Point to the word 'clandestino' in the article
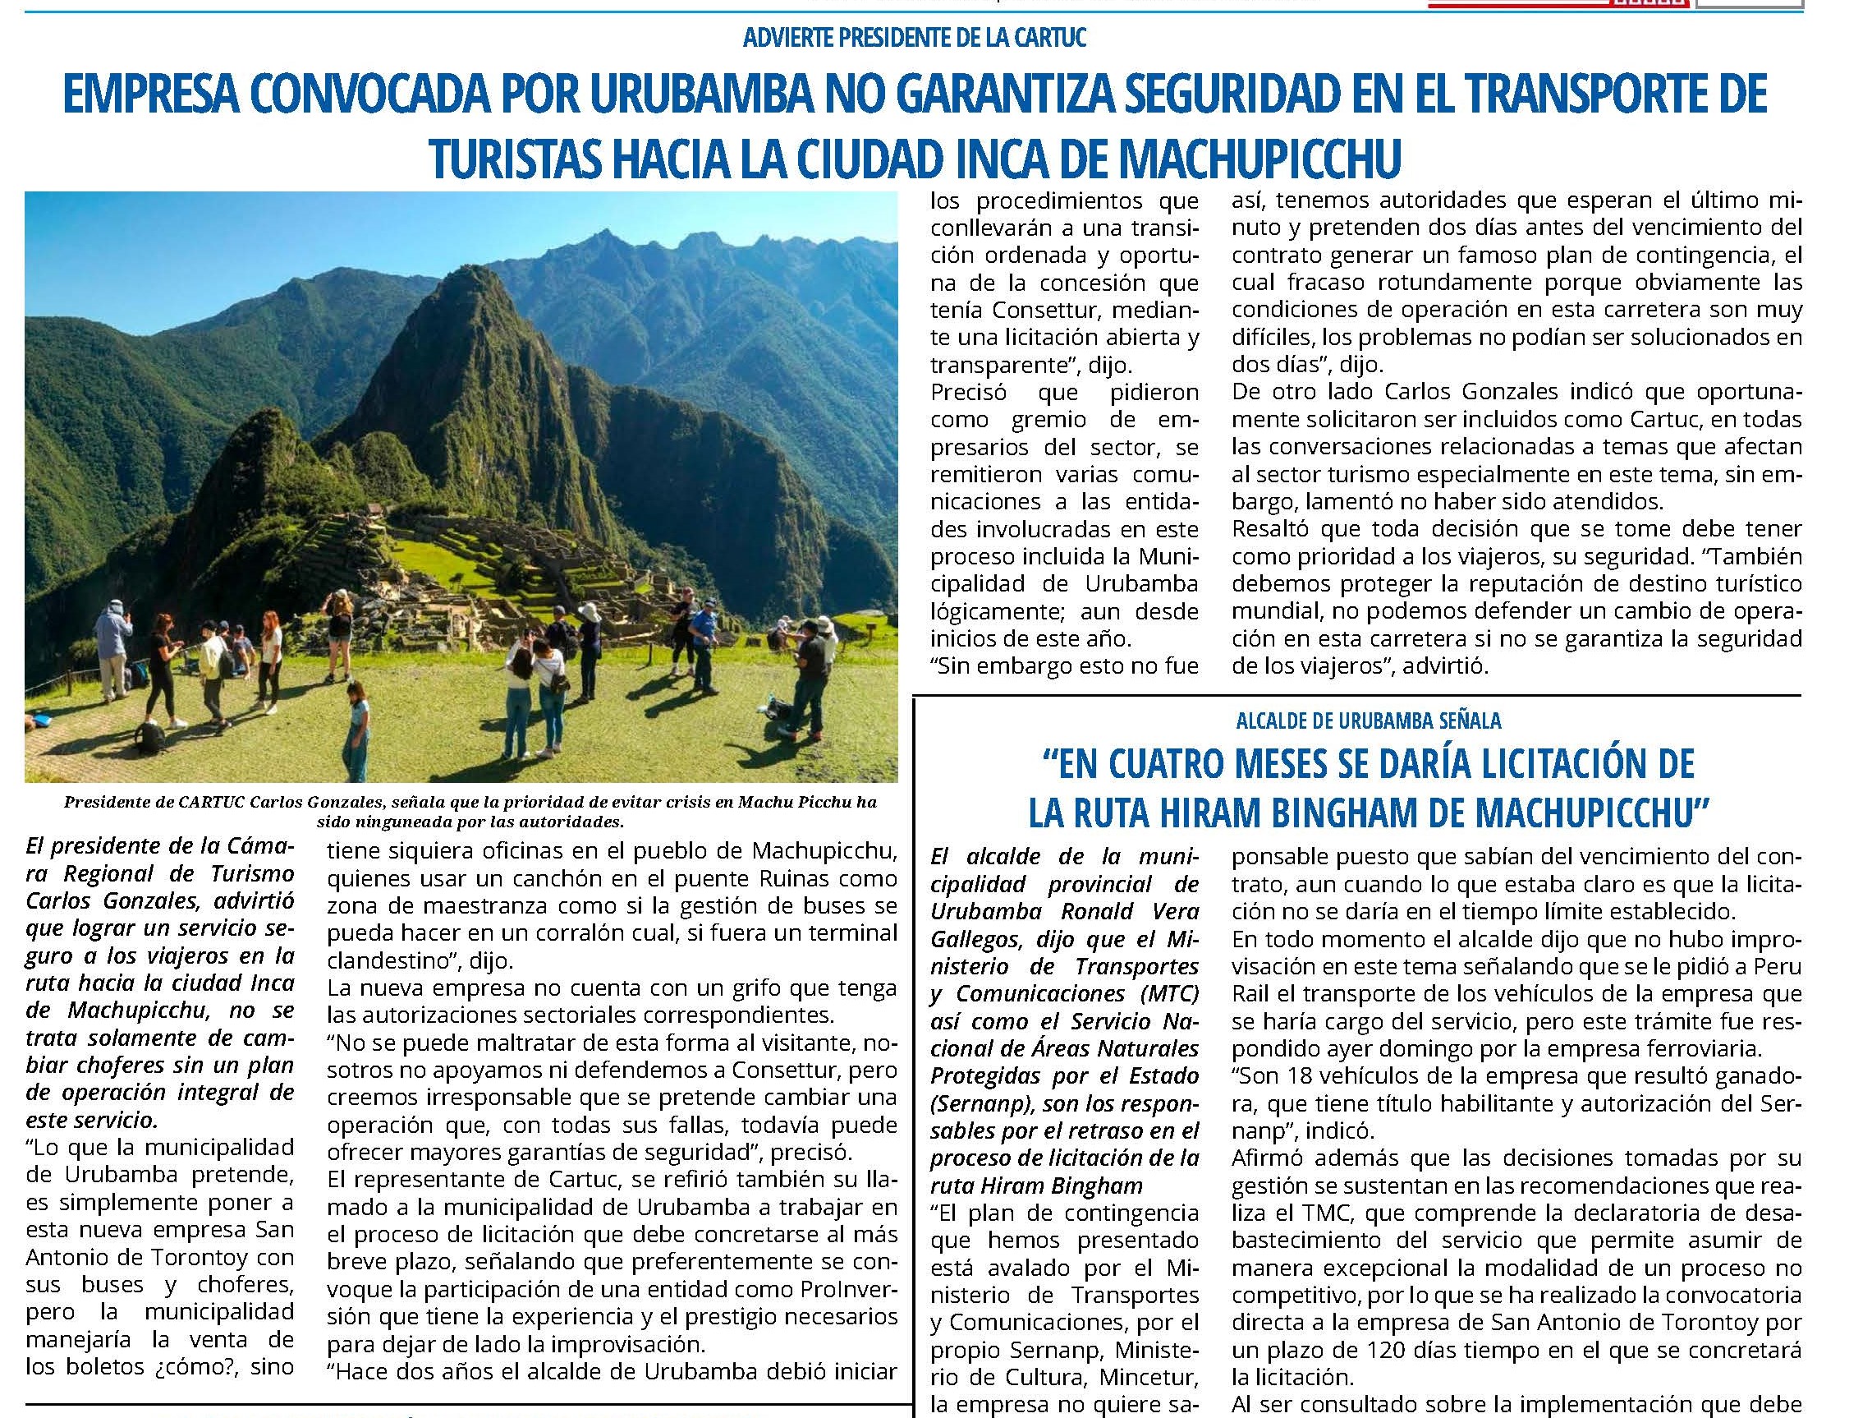click(386, 961)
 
